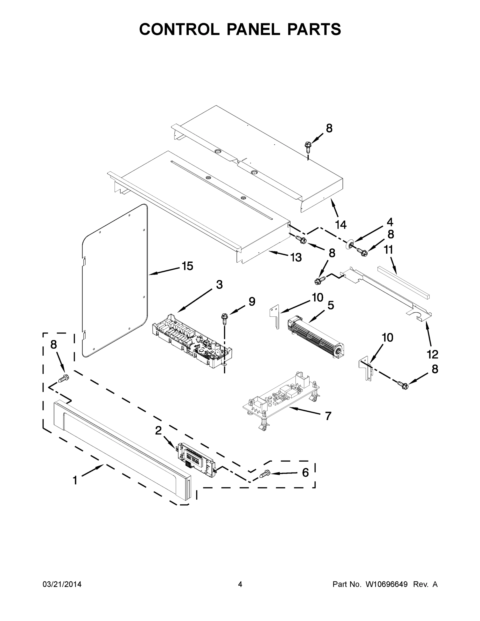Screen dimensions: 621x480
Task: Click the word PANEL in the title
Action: click(x=253, y=29)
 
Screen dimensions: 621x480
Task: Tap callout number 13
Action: click(x=296, y=257)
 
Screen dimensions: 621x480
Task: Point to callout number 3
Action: click(x=219, y=285)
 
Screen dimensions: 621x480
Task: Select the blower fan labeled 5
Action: click(x=316, y=337)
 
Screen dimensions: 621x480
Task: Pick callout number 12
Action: click(x=432, y=354)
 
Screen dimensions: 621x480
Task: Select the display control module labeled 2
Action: click(x=196, y=460)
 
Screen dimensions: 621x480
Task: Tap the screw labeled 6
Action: click(x=264, y=474)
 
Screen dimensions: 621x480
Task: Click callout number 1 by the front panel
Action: click(x=75, y=480)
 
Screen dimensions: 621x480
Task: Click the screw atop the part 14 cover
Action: click(x=307, y=146)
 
